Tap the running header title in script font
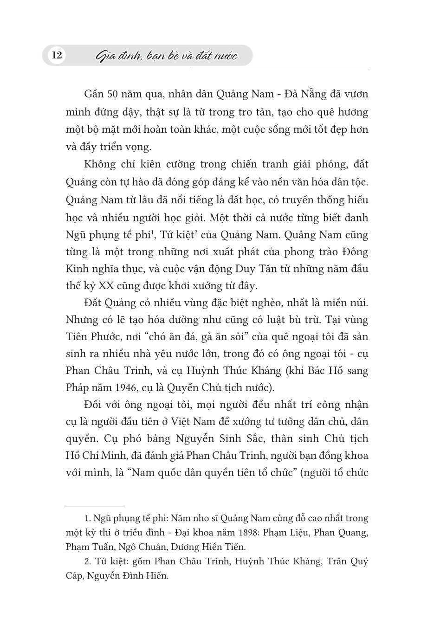coord(165,57)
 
